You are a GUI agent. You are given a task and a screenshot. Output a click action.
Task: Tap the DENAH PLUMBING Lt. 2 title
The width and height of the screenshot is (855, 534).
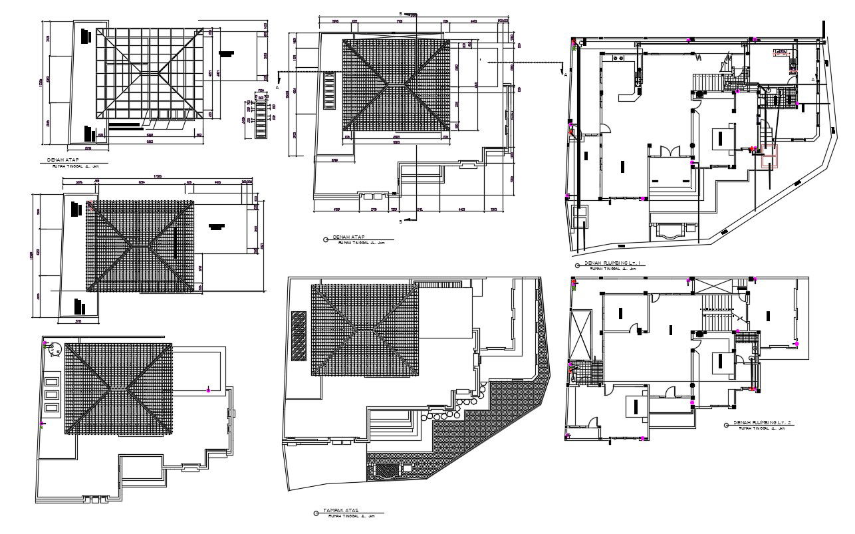(x=764, y=423)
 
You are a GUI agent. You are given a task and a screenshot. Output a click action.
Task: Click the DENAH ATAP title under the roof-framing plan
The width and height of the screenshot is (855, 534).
(x=61, y=161)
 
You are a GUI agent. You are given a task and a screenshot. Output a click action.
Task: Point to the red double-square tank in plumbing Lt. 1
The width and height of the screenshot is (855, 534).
(x=769, y=160)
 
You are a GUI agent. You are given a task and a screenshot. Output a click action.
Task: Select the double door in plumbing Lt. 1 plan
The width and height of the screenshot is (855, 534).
(x=670, y=151)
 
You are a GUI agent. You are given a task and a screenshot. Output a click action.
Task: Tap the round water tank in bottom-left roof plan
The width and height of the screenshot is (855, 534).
(x=54, y=350)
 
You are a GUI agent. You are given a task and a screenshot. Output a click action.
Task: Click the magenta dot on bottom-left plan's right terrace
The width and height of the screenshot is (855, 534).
(x=208, y=390)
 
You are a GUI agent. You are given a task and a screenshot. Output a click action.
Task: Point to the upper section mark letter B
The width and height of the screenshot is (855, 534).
(x=400, y=13)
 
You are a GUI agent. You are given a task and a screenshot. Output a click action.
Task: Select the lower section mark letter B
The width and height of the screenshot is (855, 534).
(x=400, y=221)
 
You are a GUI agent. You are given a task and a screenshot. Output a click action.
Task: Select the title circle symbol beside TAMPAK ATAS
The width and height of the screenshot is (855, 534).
(x=315, y=513)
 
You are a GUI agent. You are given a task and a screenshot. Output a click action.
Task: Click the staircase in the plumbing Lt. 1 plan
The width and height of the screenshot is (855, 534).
(x=707, y=83)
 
